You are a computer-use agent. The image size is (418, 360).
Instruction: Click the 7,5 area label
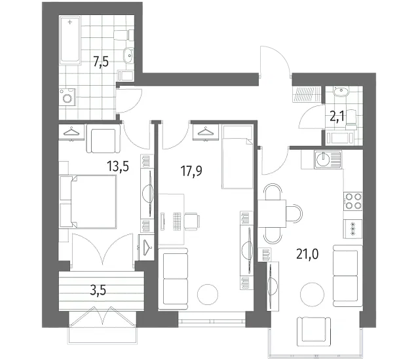click(x=101, y=62)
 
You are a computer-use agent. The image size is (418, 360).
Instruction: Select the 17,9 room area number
click(x=191, y=171)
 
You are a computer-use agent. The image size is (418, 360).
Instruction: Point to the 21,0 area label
click(x=307, y=254)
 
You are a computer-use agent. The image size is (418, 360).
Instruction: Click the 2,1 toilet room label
click(x=337, y=117)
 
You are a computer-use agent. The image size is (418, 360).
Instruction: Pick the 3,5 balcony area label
click(x=98, y=290)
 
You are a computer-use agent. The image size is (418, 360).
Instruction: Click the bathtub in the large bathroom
click(x=70, y=40)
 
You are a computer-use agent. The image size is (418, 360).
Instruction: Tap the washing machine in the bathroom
click(x=67, y=97)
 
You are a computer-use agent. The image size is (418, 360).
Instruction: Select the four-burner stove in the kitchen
click(x=353, y=201)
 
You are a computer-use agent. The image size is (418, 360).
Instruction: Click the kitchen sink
click(x=328, y=160)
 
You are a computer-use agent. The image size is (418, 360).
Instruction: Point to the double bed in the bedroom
click(x=88, y=202)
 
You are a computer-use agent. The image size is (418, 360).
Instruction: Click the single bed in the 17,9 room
click(x=238, y=157)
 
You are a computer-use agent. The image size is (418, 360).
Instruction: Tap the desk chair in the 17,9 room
click(x=192, y=221)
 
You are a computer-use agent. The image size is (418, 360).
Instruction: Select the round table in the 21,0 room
click(x=312, y=295)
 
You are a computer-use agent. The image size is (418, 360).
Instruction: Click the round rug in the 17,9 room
click(x=208, y=295)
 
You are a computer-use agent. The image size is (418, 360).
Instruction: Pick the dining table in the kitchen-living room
click(x=272, y=213)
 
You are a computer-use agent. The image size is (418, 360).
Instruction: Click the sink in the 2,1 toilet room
click(x=341, y=92)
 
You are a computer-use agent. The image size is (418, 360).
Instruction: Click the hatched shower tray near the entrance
click(x=307, y=94)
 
